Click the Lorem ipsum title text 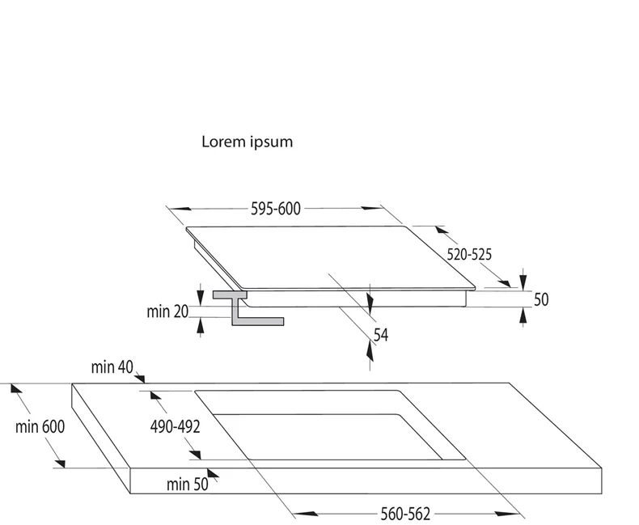(247, 142)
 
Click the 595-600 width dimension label (275, 210)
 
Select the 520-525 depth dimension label (469, 254)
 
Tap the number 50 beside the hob (541, 299)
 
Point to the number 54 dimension (380, 334)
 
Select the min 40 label (112, 367)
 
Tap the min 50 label (187, 485)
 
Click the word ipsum (273, 142)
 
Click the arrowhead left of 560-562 (303, 513)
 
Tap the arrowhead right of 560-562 (509, 513)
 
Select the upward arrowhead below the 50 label (523, 316)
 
